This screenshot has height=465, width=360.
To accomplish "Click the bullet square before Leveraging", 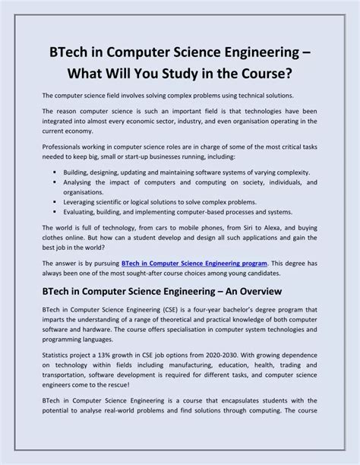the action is [x=56, y=203].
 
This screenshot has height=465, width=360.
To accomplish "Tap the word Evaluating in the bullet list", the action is [x=84, y=213].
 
